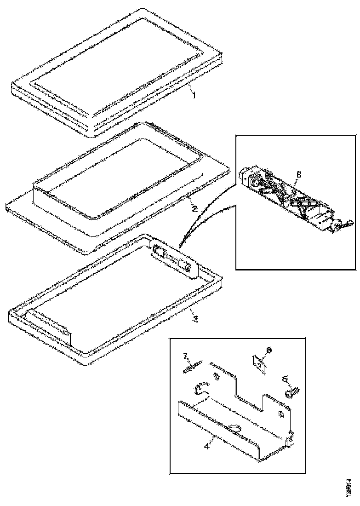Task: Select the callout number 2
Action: pyautogui.click(x=194, y=209)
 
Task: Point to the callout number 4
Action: pyautogui.click(x=207, y=445)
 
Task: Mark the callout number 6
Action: pyautogui.click(x=269, y=350)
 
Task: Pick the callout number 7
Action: pyautogui.click(x=186, y=356)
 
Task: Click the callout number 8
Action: pyautogui.click(x=298, y=175)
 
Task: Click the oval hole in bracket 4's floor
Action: pyautogui.click(x=234, y=428)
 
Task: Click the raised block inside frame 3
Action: pyautogui.click(x=48, y=326)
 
